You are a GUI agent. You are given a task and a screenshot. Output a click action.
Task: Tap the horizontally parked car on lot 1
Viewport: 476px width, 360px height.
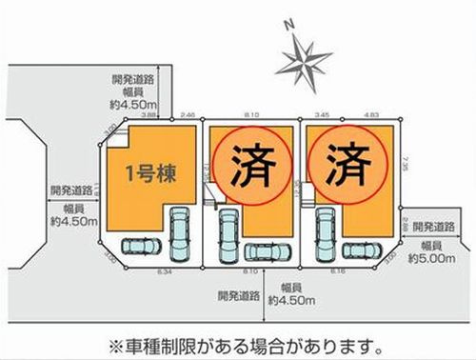141,246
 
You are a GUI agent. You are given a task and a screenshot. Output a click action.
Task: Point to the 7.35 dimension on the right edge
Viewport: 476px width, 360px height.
407,164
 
